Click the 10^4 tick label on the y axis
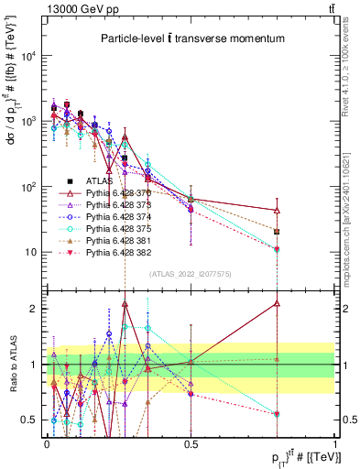[x=28, y=56]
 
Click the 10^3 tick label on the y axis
[x=28, y=121]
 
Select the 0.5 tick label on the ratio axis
[x=31, y=420]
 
